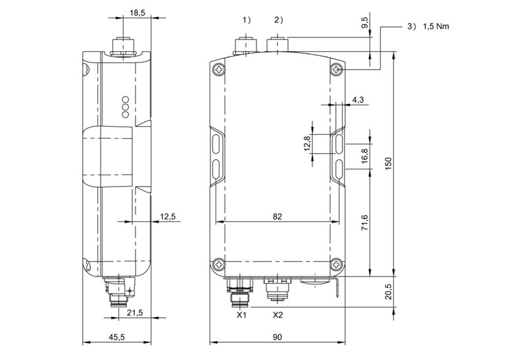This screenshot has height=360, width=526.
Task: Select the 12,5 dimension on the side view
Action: tap(168, 217)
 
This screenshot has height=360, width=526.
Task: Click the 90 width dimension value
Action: tap(277, 336)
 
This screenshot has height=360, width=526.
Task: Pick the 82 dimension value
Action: tap(277, 217)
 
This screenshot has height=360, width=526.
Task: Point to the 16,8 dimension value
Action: tap(365, 156)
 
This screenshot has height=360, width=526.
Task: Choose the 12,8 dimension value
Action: tap(307, 143)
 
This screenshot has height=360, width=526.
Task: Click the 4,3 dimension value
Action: tap(358, 100)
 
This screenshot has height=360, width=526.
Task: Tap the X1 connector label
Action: tap(241, 315)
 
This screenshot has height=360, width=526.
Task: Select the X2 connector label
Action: tap(277, 315)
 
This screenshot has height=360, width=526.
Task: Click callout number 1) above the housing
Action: tap(247, 20)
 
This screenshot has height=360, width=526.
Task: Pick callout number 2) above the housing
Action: tap(279, 20)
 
